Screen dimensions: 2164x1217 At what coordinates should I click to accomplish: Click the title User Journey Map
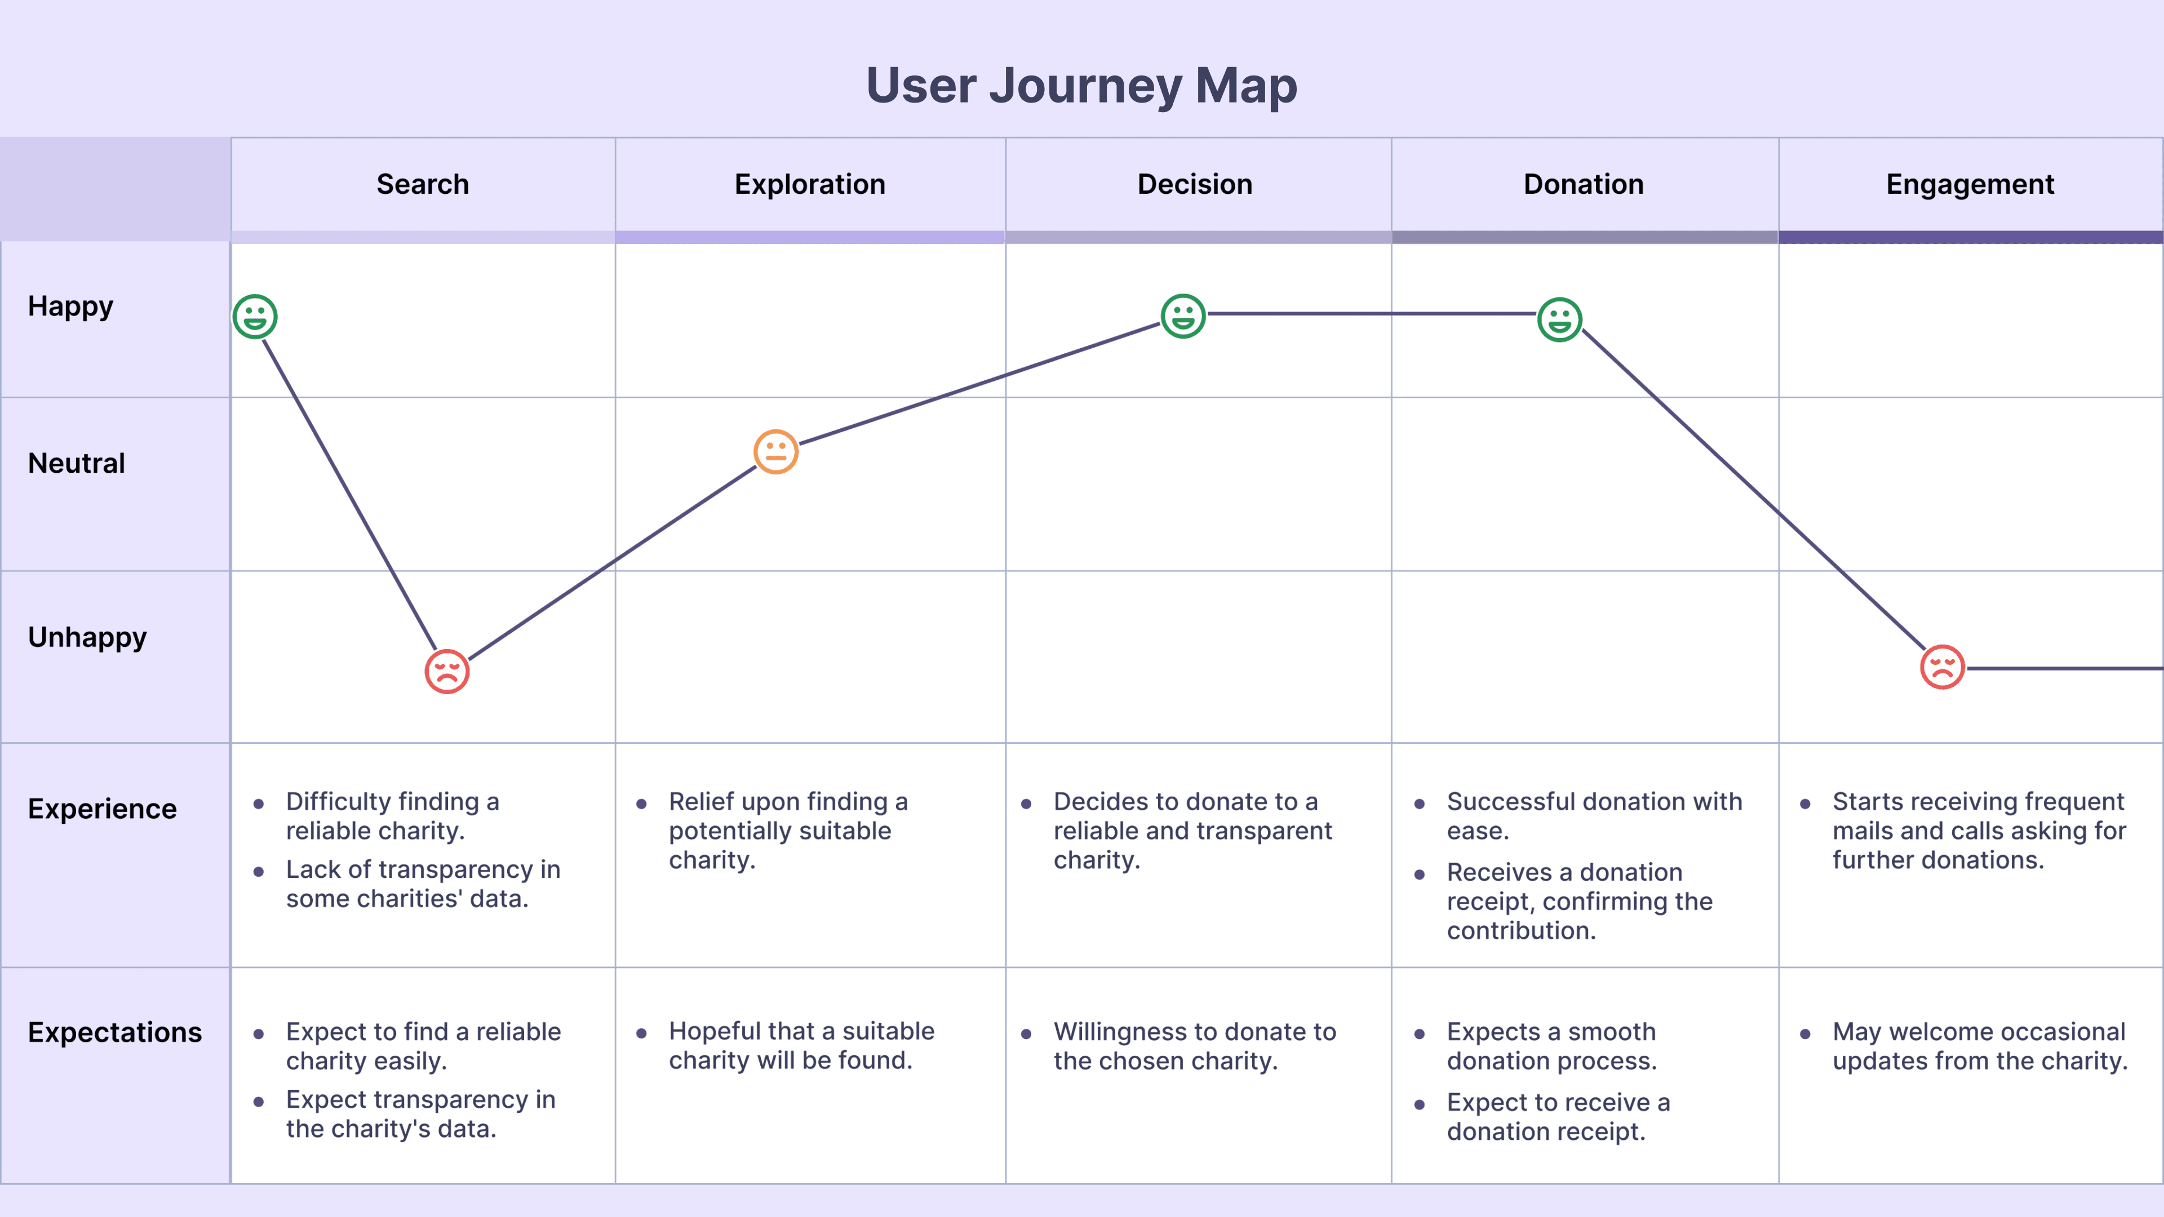coord(1081,86)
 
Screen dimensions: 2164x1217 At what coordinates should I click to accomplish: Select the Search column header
coord(423,184)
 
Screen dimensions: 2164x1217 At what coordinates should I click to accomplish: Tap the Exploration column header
coord(810,184)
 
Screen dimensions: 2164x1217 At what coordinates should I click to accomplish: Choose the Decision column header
coord(1195,184)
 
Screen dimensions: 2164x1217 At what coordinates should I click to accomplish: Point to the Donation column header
coord(1584,184)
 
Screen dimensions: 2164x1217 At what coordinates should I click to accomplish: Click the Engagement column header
coord(1970,184)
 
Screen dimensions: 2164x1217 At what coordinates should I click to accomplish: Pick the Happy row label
coord(70,307)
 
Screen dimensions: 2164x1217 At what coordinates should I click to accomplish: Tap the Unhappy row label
coord(87,637)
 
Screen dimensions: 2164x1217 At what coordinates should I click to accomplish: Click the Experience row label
coord(103,809)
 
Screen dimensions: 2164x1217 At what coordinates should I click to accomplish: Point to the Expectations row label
coord(115,1032)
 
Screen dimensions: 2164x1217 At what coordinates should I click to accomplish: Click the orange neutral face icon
coord(775,452)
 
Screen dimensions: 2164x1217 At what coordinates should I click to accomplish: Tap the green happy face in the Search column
coord(255,317)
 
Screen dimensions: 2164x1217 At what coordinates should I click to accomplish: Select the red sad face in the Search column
coord(447,671)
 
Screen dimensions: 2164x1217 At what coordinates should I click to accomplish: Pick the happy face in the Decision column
coord(1183,316)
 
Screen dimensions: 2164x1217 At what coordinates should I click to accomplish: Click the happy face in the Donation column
coord(1559,319)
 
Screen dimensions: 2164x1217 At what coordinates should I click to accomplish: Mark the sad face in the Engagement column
coord(1942,667)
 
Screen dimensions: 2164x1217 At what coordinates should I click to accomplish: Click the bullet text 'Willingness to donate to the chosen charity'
coord(1195,1046)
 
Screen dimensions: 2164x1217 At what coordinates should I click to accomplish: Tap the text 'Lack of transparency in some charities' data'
coord(423,883)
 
